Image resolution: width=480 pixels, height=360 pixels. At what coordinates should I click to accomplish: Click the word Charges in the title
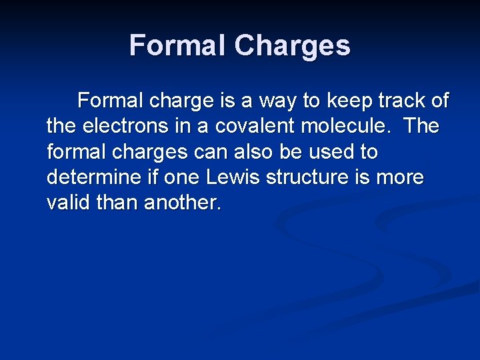point(293,45)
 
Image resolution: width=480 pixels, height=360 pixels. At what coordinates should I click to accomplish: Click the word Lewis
point(229,177)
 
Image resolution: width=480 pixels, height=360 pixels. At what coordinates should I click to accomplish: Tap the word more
point(402,177)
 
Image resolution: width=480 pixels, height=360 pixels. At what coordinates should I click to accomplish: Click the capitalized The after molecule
point(421,126)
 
